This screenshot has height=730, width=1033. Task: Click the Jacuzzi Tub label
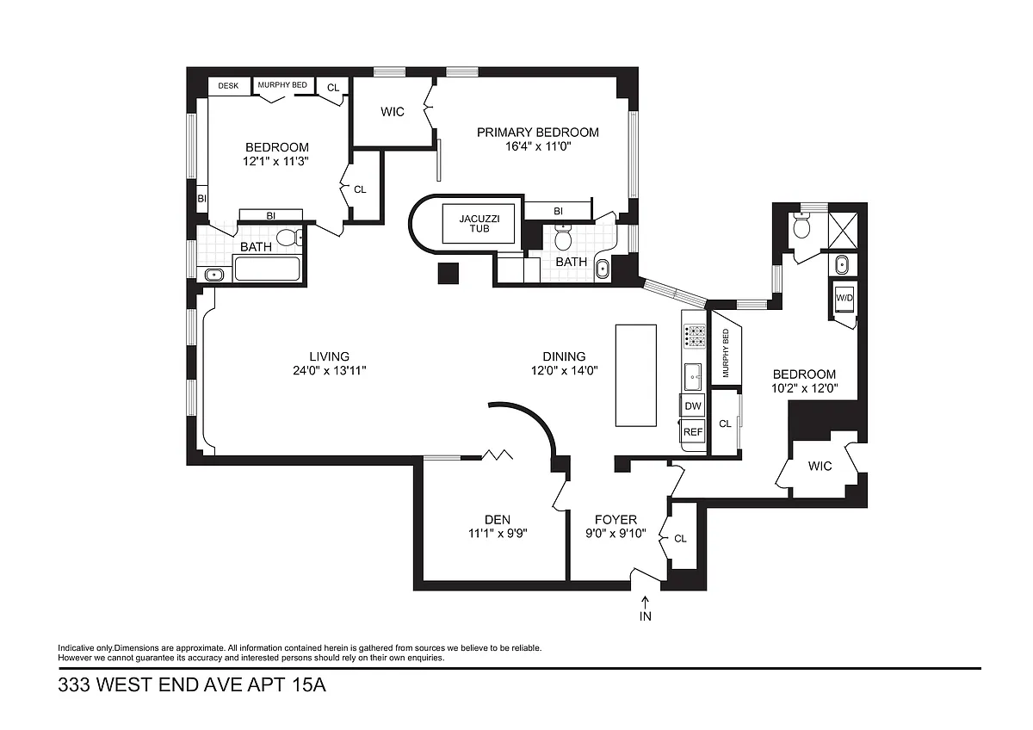479,224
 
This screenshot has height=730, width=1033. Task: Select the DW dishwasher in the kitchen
693,405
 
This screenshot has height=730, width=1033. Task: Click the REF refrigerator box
693,431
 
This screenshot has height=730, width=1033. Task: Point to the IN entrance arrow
645,603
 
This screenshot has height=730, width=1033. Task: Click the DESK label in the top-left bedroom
228,86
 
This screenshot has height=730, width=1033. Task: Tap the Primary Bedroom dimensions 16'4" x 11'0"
538,146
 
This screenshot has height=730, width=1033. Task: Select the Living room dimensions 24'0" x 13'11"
329,370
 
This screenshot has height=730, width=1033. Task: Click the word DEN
498,520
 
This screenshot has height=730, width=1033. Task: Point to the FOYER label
615,520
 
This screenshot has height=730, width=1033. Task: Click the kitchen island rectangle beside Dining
636,375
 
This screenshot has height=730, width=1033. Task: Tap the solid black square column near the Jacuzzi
448,273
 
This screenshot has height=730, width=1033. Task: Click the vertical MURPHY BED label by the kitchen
726,353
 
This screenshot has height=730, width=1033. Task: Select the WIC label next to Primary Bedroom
393,112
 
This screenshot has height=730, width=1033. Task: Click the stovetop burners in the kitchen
694,337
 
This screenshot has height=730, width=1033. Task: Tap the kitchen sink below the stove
693,376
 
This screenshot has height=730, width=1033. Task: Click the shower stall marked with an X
843,231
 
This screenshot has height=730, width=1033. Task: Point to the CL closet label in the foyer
680,539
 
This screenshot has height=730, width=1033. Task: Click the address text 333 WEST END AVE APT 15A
192,685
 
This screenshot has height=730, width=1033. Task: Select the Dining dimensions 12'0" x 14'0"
564,370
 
